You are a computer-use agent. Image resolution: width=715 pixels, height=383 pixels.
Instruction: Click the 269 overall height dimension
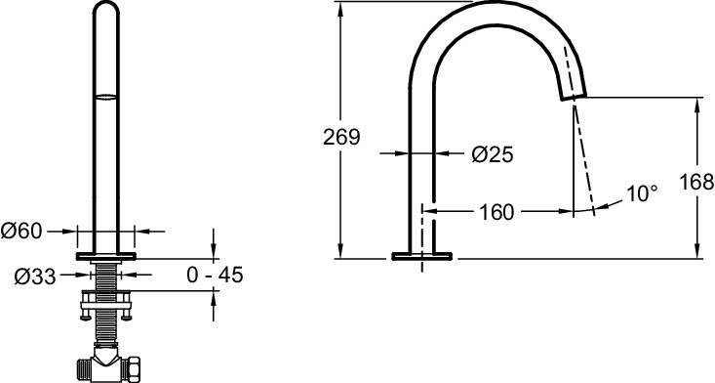coord(341,136)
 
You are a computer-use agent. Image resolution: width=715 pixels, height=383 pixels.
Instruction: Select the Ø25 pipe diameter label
coord(492,153)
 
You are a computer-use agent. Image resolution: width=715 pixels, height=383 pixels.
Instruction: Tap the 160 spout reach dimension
coord(497,211)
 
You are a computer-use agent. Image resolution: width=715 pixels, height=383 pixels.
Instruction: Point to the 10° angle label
coord(642,194)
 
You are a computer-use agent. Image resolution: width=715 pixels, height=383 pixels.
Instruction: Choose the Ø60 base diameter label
coord(21,231)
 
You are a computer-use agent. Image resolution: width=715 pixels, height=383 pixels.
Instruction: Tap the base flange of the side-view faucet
coord(421,257)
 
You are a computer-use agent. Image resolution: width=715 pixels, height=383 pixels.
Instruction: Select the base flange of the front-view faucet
coord(105,257)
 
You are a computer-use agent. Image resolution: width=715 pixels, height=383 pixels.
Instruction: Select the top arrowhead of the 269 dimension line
coord(339,8)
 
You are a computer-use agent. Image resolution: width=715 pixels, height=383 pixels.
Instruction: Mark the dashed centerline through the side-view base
coord(421,234)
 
